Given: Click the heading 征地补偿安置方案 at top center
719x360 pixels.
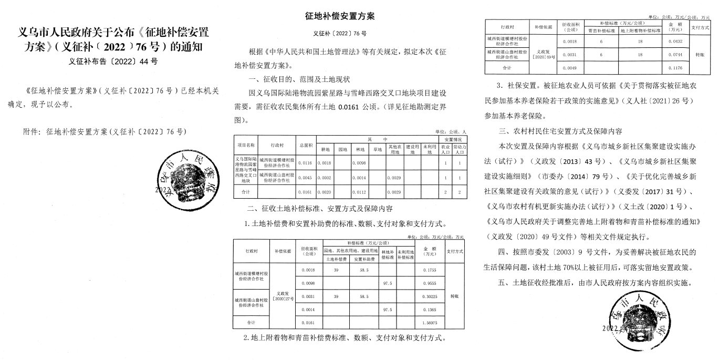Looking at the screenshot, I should point(340,16).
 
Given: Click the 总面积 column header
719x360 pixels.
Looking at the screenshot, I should point(305,145).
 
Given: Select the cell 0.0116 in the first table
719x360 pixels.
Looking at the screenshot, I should point(305,163).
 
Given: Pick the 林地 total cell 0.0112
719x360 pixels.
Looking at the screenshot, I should point(360,192).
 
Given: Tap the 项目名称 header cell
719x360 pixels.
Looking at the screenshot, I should point(245,145).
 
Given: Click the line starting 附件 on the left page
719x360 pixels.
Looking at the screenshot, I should point(105,131).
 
